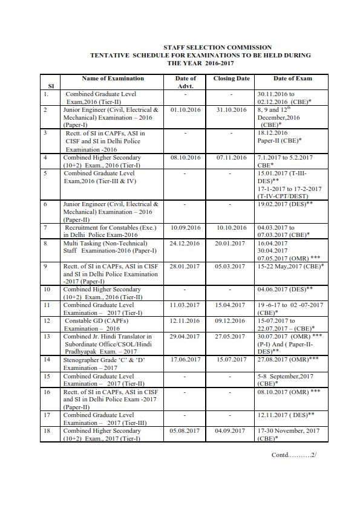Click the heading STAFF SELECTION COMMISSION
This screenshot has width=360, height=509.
pos(217,47)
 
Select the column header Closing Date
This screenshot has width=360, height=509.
pos(231,79)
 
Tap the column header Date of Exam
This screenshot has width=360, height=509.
pos(292,79)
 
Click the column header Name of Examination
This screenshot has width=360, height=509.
pos(113,79)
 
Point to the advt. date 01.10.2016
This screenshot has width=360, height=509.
pos(185,110)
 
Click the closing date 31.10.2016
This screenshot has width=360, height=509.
pos(231,110)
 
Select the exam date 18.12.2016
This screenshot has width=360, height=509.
pos(272,132)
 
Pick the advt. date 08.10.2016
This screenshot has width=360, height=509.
pos(185,157)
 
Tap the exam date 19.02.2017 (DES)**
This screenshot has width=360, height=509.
pos(284,205)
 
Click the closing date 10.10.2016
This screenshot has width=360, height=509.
pos(231,228)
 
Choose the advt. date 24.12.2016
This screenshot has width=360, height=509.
pos(185,243)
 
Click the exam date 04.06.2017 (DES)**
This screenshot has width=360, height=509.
pos(284,290)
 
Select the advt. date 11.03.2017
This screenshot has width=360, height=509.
pos(185,305)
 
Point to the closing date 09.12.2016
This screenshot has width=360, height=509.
pos(231,321)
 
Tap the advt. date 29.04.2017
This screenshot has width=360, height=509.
pos(185,337)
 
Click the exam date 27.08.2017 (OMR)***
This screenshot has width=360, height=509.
pos(287,360)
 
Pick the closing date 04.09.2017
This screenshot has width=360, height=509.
pos(231,430)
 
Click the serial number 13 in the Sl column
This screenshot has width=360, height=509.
pos(47,337)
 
